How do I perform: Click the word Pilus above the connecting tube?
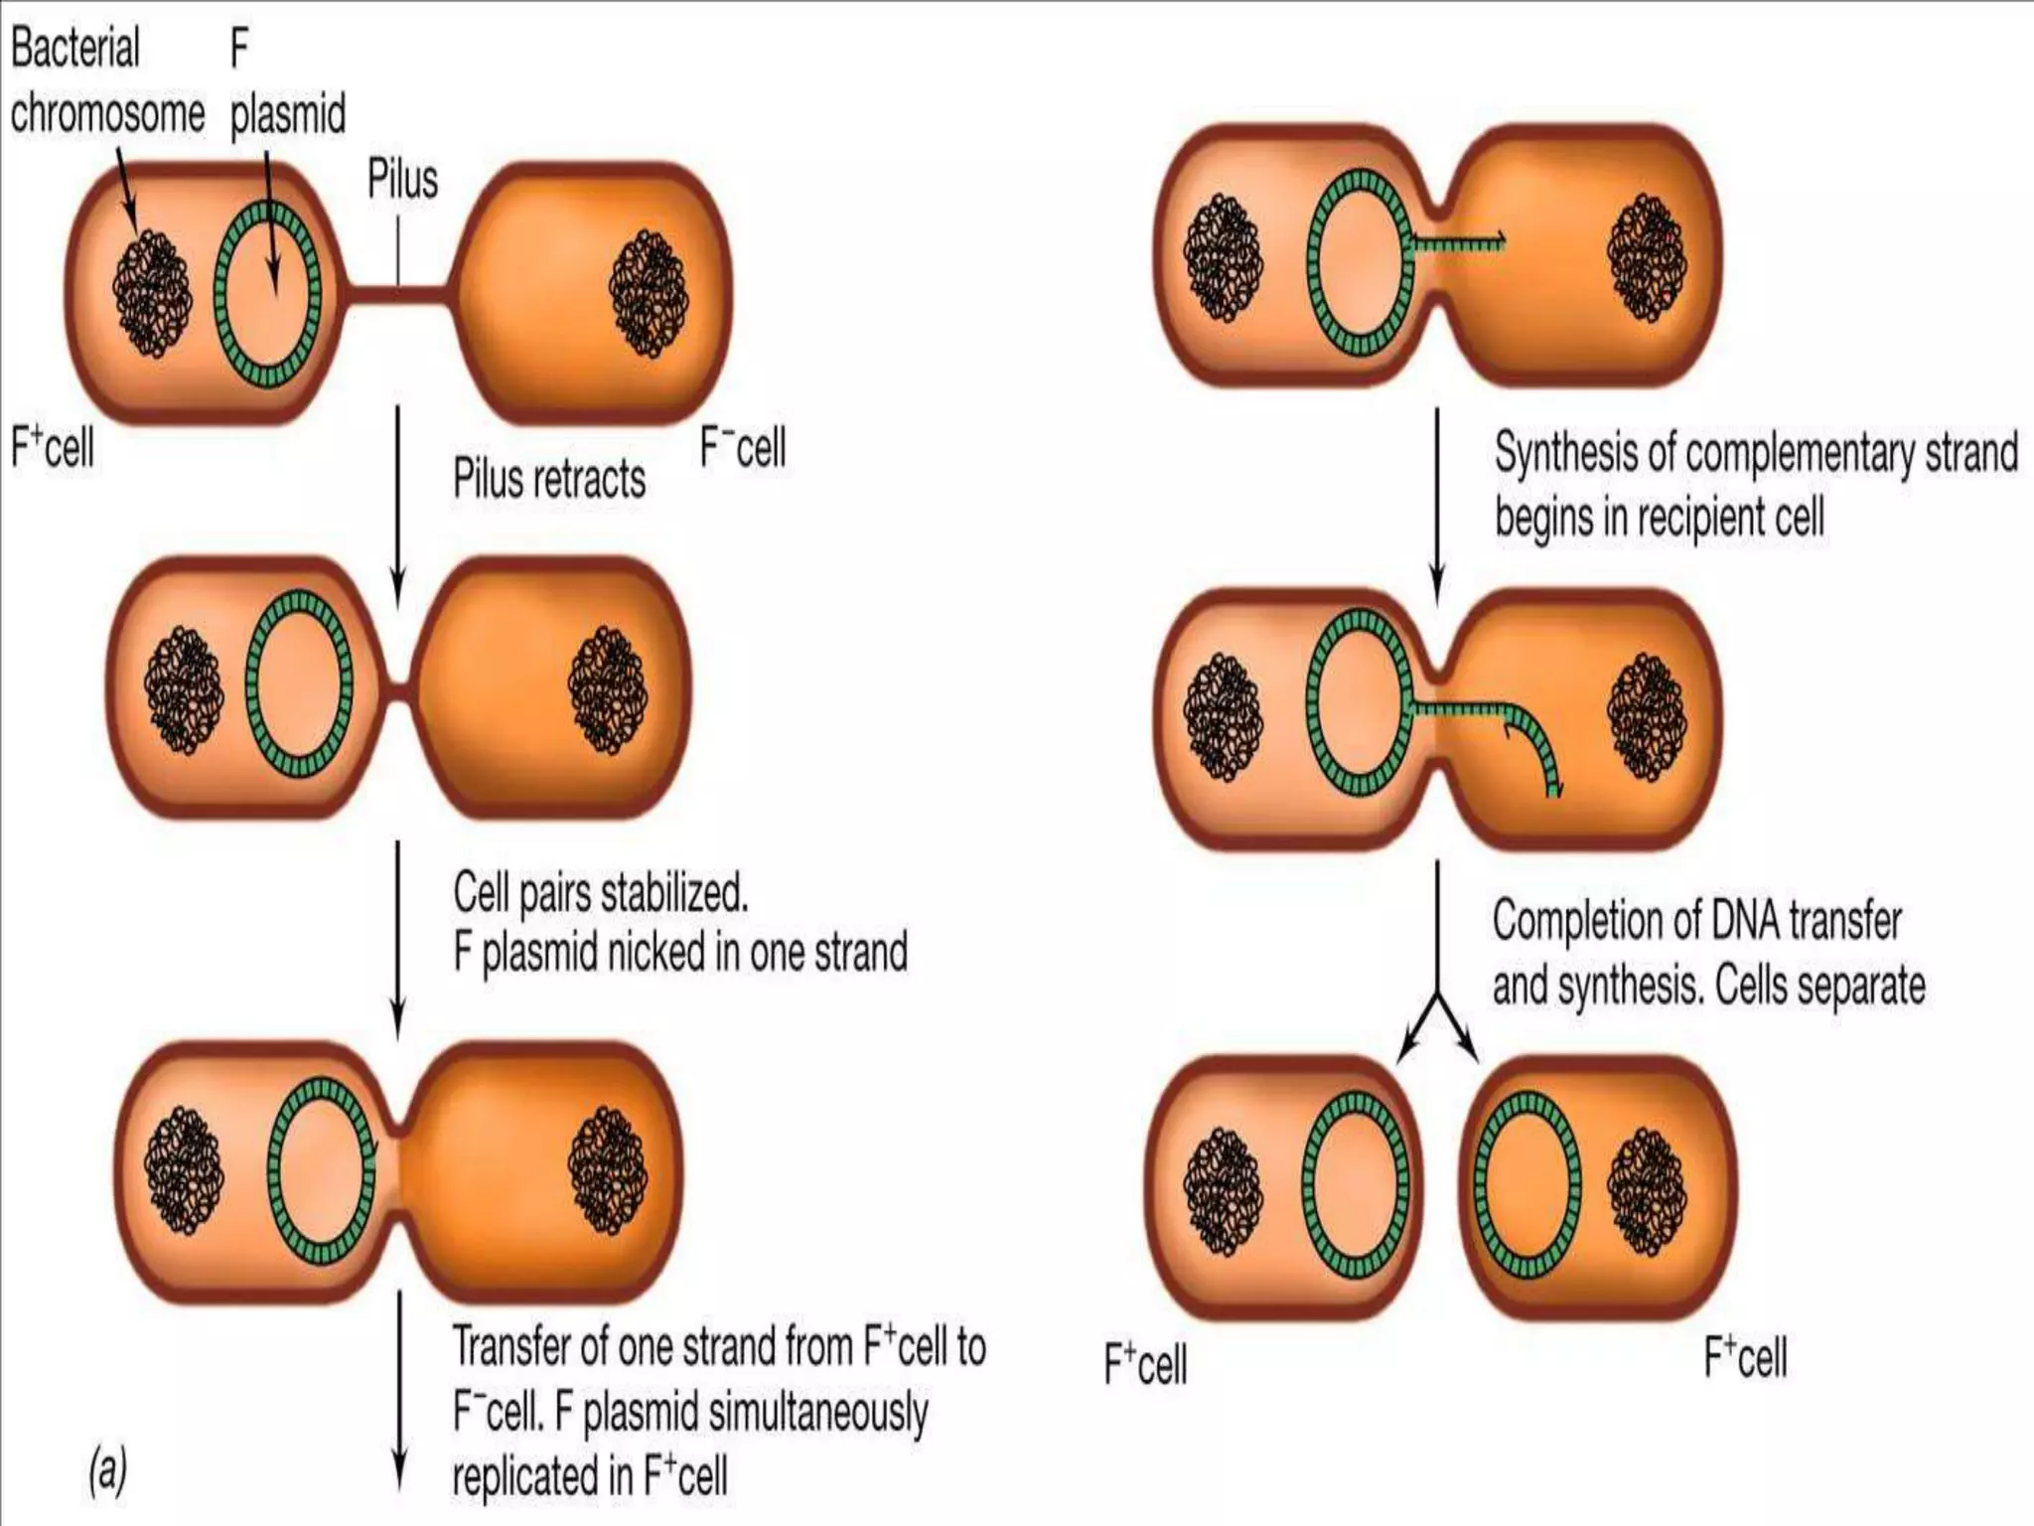402,180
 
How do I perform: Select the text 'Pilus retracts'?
549,479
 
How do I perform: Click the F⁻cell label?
743,447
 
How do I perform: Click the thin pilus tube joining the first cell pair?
398,293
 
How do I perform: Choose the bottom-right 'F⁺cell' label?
1745,1358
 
